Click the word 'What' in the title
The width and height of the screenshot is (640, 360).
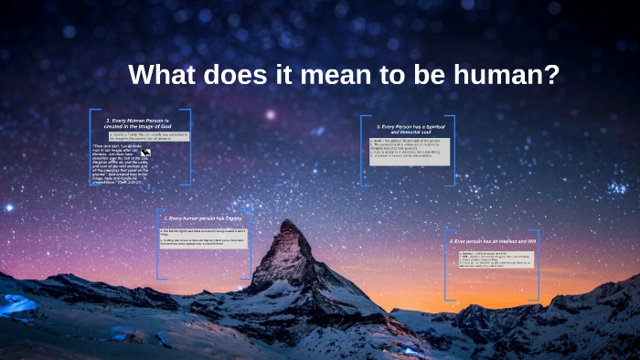coord(164,75)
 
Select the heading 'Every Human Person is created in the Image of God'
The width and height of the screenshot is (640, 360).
coord(139,123)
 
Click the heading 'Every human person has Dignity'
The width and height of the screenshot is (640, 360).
coord(203,218)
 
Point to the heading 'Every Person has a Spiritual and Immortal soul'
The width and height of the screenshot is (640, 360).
coord(407,129)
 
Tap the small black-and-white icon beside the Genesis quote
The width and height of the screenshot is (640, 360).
coord(144,156)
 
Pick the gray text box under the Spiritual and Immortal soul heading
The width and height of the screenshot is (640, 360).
coord(409,150)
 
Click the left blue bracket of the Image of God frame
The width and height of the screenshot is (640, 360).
coord(91,146)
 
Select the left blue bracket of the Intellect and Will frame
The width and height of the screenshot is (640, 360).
coord(447,264)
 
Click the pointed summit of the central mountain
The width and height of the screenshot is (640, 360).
coord(288,222)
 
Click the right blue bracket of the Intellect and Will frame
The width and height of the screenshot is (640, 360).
coord(537,264)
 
